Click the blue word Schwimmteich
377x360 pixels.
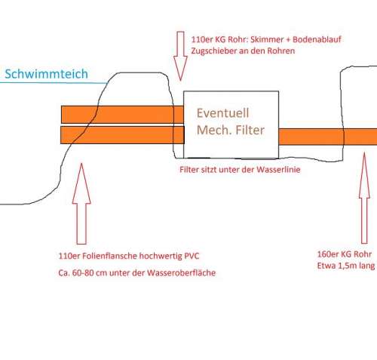click(47, 74)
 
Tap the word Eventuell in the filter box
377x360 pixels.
click(222, 113)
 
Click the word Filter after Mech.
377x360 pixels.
click(250, 130)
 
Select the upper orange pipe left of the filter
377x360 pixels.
click(122, 115)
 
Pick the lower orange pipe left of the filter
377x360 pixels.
click(122, 135)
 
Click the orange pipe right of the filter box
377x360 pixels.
click(328, 137)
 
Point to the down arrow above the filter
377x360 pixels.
click(180, 56)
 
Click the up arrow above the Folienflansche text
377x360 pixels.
click(81, 204)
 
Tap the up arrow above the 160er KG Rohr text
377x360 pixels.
click(364, 198)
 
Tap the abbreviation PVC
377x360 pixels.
click(192, 256)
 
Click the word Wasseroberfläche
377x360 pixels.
click(182, 273)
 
